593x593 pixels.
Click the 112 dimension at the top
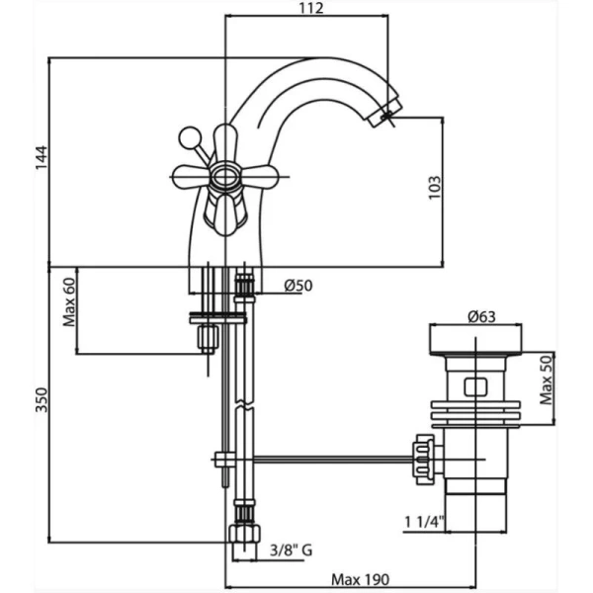coord(311,8)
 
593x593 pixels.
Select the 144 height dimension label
coord(42,157)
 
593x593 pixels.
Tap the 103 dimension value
coord(435,188)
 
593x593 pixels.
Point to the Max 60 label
coord(69,301)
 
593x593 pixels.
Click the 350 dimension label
coord(42,399)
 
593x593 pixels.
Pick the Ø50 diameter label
coord(298,286)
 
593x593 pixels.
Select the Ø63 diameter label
coord(481,316)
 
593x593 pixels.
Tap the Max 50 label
coord(546,381)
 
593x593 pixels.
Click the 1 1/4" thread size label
coord(424,522)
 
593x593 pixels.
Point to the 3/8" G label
coord(292,551)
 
